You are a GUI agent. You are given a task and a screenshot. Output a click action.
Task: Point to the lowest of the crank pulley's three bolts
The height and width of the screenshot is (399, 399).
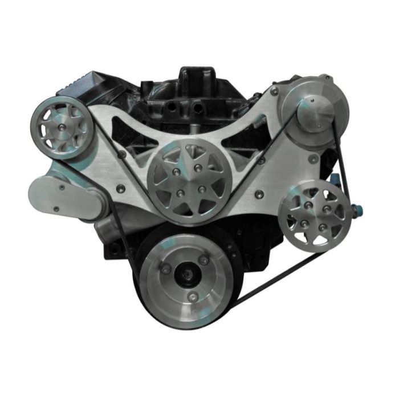click(x=196, y=296)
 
